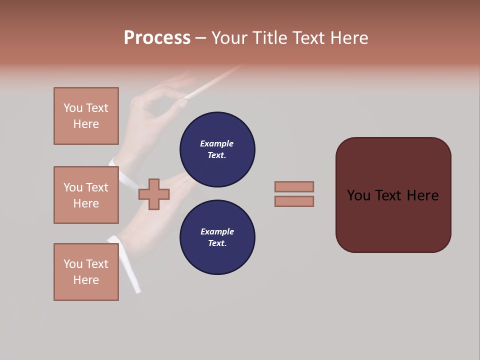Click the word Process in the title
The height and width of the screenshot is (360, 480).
click(x=157, y=37)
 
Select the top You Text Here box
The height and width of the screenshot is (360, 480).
click(x=86, y=116)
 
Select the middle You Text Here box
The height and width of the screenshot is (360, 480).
click(x=86, y=195)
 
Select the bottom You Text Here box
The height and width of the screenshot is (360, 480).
click(x=86, y=271)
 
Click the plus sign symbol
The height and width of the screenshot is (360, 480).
click(x=154, y=194)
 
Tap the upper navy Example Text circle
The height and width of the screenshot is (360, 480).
click(x=217, y=149)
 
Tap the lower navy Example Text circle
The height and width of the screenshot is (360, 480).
click(x=217, y=237)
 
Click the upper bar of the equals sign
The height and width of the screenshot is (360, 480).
click(x=294, y=186)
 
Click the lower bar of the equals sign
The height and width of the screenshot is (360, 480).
click(x=294, y=201)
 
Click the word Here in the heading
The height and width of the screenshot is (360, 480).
click(x=348, y=37)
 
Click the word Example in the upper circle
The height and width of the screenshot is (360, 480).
click(x=216, y=143)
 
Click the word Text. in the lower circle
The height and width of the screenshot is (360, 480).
click(x=217, y=243)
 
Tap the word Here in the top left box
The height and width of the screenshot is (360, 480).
click(x=86, y=124)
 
